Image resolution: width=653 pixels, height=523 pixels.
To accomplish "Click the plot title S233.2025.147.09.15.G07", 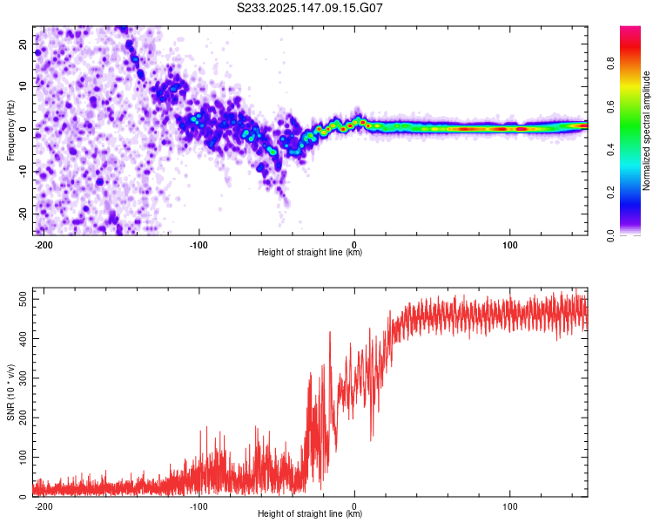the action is tap(309, 8).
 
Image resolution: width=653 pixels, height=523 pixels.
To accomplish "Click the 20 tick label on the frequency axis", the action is tap(24, 44).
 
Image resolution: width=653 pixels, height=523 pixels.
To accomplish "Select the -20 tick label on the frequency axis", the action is tap(24, 214).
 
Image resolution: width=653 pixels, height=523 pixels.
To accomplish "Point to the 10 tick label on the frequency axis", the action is tap(24, 86).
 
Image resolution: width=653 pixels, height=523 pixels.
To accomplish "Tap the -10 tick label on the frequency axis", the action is tap(24, 172).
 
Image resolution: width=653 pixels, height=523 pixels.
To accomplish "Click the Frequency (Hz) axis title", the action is tap(10, 131).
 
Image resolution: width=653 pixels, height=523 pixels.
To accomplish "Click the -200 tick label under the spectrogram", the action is tap(43, 245).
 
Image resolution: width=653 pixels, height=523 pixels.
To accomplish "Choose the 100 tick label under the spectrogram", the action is tap(509, 245).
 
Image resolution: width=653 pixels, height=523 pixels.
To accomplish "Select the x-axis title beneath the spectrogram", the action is tap(310, 252).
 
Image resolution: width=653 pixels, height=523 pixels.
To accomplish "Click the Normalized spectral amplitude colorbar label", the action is tap(646, 131).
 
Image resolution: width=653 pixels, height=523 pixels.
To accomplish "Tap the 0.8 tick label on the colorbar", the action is tap(610, 64).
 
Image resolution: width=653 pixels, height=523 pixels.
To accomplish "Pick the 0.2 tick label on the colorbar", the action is tap(610, 193).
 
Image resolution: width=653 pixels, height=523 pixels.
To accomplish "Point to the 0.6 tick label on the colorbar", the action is tap(610, 106).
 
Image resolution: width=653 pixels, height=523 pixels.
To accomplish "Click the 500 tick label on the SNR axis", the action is tap(24, 299).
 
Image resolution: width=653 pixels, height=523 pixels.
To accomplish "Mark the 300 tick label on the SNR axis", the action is tap(24, 377).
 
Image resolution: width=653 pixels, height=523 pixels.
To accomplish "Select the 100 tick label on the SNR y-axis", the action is tap(24, 457).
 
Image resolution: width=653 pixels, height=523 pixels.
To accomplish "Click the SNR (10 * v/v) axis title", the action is tap(10, 392).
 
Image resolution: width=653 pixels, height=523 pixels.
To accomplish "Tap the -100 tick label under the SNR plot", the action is tap(199, 506).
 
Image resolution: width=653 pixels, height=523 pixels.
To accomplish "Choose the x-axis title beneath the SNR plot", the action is tap(310, 513).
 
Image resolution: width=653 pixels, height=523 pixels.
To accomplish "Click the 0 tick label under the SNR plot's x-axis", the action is tap(354, 506).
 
